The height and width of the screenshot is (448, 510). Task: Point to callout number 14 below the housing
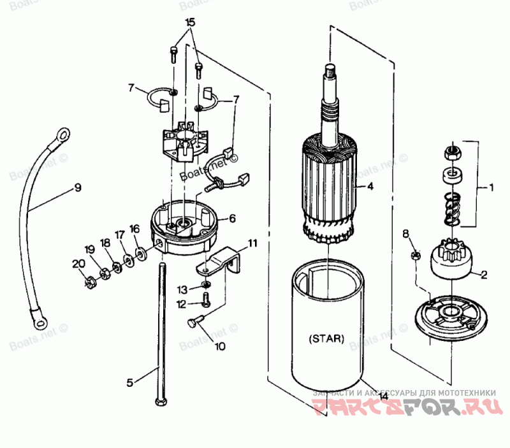click(x=383, y=396)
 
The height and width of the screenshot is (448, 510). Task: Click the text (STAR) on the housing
click(x=326, y=339)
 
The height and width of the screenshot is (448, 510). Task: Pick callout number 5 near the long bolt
click(x=130, y=382)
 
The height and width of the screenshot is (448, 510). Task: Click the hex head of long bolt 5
click(x=158, y=401)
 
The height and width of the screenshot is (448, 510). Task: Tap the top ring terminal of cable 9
click(x=62, y=134)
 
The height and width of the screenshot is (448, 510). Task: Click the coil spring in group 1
click(x=452, y=207)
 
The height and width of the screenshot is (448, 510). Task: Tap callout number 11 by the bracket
click(x=253, y=243)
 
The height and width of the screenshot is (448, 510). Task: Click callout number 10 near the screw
click(x=220, y=347)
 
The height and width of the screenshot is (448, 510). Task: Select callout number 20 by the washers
click(x=78, y=263)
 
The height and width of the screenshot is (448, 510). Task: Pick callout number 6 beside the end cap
click(x=232, y=218)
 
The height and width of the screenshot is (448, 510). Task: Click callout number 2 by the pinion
click(x=484, y=275)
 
